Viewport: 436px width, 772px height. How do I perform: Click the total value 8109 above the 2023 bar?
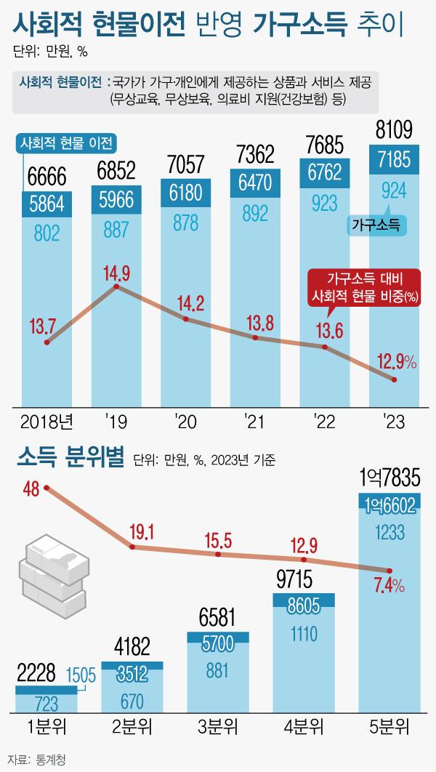[395, 131]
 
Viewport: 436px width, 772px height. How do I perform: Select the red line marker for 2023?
[395, 380]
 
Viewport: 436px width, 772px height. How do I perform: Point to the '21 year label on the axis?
[254, 422]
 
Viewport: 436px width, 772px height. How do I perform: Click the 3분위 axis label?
[218, 725]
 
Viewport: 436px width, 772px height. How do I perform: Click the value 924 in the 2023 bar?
[395, 190]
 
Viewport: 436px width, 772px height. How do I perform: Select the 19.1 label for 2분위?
[142, 532]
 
